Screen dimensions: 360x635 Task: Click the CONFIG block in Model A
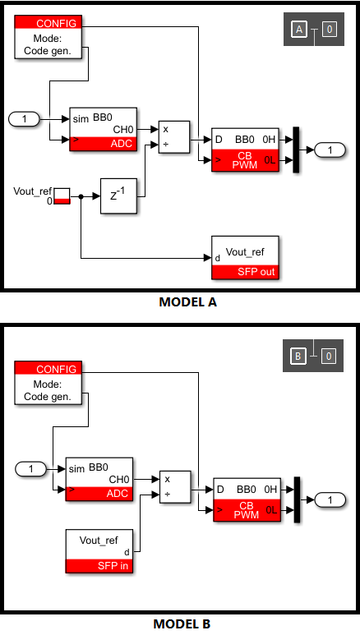click(x=48, y=37)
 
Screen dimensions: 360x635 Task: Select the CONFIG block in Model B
click(x=48, y=383)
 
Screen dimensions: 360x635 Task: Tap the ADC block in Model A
click(x=104, y=130)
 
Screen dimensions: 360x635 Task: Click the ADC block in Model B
click(x=99, y=480)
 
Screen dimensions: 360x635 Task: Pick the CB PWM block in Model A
click(x=245, y=150)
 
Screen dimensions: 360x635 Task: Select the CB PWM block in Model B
click(x=247, y=499)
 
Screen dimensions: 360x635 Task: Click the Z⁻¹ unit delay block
click(x=118, y=196)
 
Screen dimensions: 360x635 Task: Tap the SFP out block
click(x=245, y=258)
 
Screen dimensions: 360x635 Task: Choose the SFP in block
click(x=99, y=551)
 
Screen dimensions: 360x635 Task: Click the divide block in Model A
click(x=174, y=137)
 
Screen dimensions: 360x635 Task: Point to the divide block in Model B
click(x=175, y=487)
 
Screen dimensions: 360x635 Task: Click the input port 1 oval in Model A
click(x=25, y=119)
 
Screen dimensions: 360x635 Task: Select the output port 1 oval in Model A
click(x=330, y=150)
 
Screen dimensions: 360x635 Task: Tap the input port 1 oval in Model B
click(x=30, y=469)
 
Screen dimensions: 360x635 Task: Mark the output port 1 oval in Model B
click(x=330, y=499)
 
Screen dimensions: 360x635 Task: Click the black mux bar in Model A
click(x=296, y=150)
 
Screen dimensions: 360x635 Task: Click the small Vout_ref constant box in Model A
click(x=62, y=196)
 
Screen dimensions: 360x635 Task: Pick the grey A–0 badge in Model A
click(x=314, y=29)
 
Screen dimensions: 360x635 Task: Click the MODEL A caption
click(x=187, y=302)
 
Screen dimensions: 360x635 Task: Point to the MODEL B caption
click(x=182, y=623)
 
